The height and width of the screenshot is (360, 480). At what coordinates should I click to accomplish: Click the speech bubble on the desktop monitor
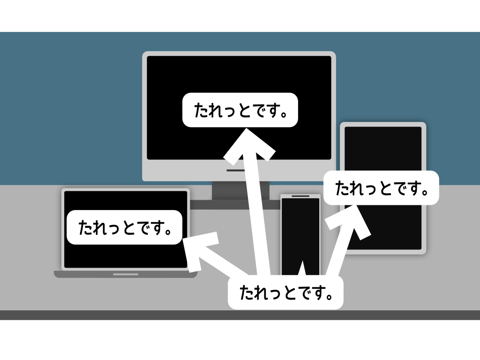(240, 110)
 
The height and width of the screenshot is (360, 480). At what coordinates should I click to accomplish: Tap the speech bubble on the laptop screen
(124, 227)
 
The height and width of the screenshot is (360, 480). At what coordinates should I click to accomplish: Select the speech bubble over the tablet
(381, 187)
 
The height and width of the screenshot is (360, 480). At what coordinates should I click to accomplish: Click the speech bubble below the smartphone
(285, 292)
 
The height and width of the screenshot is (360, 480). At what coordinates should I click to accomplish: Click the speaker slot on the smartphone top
(300, 196)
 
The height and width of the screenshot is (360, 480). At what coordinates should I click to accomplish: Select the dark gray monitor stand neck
(240, 190)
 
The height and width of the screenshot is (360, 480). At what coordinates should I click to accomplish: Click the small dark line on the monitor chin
(235, 170)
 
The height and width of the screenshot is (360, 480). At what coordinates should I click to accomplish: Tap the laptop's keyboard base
(126, 274)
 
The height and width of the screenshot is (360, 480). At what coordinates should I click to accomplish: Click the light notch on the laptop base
(126, 274)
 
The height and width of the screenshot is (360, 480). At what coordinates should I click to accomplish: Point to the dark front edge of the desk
(240, 315)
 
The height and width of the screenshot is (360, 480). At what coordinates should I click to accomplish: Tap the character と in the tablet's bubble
(387, 188)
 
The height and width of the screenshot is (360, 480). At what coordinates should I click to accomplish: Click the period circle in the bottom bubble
(330, 296)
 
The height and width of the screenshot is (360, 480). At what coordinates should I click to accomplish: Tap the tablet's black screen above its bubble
(383, 149)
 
